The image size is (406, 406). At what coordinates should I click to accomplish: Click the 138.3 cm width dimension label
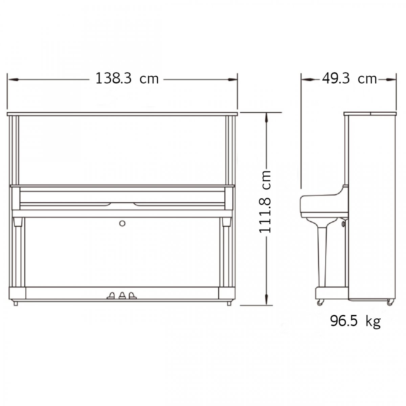coord(127,78)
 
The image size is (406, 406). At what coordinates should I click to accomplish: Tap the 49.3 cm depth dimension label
coord(349,78)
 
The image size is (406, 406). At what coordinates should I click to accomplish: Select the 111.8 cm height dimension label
coord(265,202)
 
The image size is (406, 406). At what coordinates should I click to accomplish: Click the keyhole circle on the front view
coord(122,223)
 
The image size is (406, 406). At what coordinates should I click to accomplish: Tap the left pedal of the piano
coord(111,295)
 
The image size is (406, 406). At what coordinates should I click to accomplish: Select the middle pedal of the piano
coord(122,295)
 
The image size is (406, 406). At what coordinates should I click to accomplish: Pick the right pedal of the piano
coord(133,295)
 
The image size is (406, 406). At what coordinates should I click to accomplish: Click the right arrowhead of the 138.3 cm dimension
coord(232,80)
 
